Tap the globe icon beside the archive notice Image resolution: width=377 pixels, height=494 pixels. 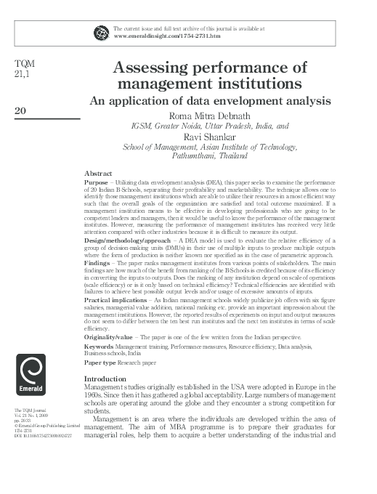pos(100,31)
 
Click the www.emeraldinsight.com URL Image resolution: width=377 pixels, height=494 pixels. pos(161,34)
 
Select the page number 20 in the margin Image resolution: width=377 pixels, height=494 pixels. pos(20,110)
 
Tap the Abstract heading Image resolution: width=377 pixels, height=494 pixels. pos(98,174)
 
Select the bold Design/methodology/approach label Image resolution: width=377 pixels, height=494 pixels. pos(130,239)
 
